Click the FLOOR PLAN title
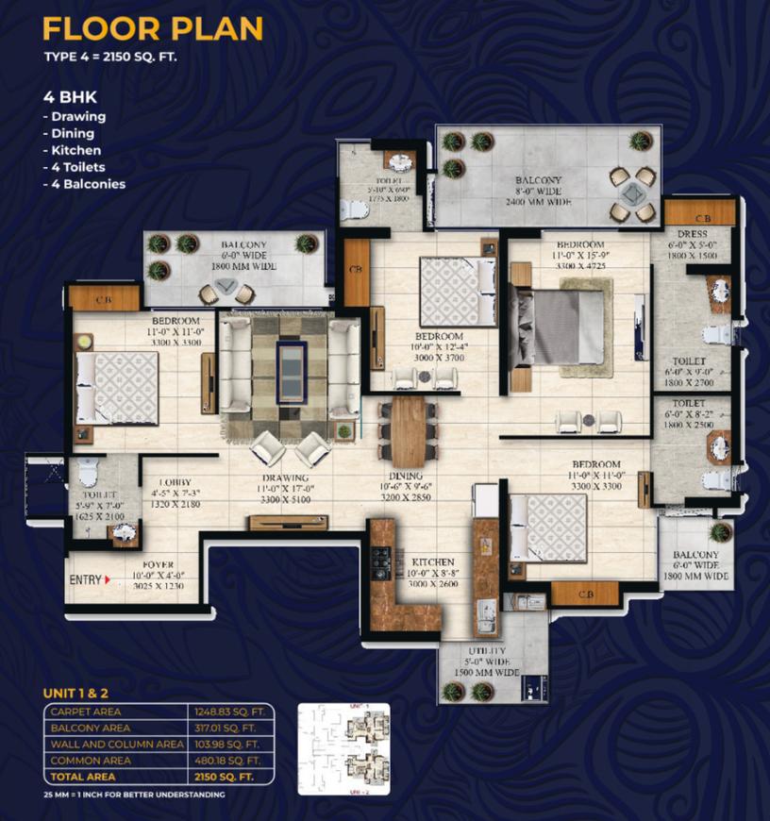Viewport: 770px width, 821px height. pyautogui.click(x=153, y=28)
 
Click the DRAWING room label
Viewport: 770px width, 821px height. pyautogui.click(x=290, y=477)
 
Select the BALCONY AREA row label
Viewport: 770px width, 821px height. pyautogui.click(x=91, y=728)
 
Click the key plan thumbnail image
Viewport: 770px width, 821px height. pyautogui.click(x=343, y=748)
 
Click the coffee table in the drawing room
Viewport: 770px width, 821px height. pyautogui.click(x=290, y=359)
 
